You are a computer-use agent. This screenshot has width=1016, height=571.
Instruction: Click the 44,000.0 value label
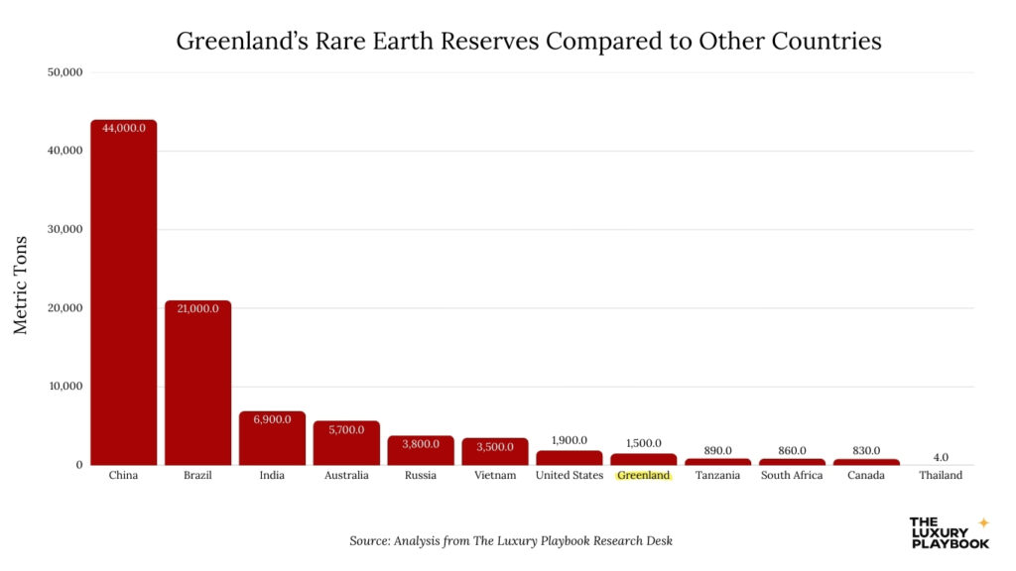coord(123,128)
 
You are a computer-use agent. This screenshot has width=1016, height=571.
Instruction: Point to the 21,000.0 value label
coord(197,308)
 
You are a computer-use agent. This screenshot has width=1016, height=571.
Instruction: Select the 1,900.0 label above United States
coord(570,439)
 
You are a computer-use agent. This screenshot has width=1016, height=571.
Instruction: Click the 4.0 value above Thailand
coord(941,458)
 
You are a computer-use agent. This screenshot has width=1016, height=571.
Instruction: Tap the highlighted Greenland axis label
coord(644,476)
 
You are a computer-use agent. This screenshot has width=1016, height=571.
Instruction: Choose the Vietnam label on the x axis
coord(495,476)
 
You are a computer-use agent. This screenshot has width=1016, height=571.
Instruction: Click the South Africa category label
coord(792,476)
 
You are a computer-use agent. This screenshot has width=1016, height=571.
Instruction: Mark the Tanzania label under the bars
coord(717,476)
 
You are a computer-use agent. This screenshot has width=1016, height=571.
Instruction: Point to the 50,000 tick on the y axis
coord(65,72)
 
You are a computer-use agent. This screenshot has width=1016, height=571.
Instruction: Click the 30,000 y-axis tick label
coord(65,229)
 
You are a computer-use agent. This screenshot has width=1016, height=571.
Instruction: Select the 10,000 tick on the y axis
coord(65,387)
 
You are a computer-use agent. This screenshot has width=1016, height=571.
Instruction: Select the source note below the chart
coord(511,541)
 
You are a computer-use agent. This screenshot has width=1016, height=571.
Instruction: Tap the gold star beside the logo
coord(983,522)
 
